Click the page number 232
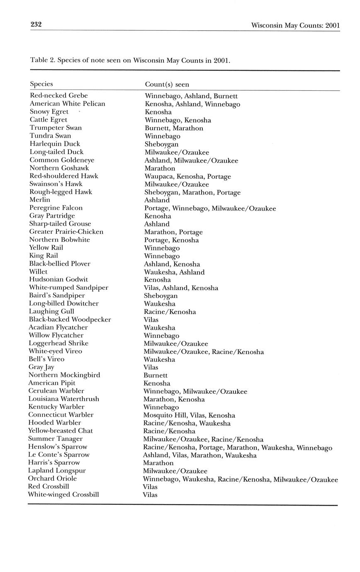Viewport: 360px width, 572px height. [36, 25]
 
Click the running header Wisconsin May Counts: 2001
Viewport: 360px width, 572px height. [295, 26]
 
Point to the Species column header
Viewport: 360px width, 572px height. [41, 84]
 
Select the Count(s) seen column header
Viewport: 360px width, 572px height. [167, 85]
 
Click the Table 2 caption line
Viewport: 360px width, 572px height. [130, 60]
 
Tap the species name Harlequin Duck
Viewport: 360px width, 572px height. [55, 144]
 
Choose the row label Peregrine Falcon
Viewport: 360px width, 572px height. [56, 208]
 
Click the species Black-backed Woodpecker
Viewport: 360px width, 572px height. [70, 319]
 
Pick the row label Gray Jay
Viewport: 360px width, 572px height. [41, 367]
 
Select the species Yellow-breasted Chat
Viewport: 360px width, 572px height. [61, 431]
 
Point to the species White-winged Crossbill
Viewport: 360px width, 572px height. [63, 494]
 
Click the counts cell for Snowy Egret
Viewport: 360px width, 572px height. [158, 112]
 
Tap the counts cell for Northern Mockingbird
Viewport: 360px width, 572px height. [155, 375]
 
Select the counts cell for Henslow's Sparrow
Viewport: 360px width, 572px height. [237, 447]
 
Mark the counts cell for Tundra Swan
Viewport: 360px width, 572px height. [162, 136]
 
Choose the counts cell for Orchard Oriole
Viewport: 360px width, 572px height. [240, 480]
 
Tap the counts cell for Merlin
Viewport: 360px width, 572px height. [157, 200]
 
